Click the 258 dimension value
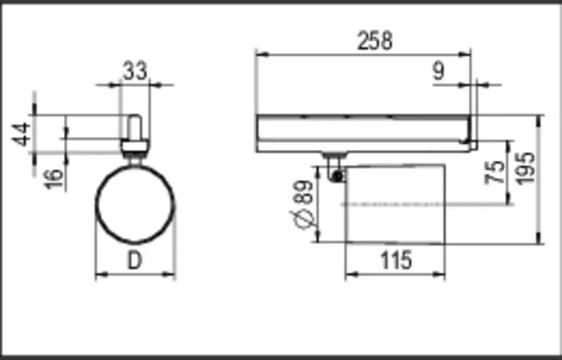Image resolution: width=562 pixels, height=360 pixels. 375,41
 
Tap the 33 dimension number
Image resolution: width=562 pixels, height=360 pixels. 135,71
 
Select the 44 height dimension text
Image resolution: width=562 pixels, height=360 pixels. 21,134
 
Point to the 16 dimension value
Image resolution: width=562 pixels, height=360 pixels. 54,178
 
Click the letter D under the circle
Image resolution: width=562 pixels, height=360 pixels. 135,260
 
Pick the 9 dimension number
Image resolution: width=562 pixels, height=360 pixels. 439,71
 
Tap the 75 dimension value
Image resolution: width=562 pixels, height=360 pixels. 494,172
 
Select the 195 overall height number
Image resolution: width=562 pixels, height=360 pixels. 525,168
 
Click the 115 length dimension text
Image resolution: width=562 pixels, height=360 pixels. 396,260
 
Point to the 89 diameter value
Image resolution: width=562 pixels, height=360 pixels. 304,192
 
